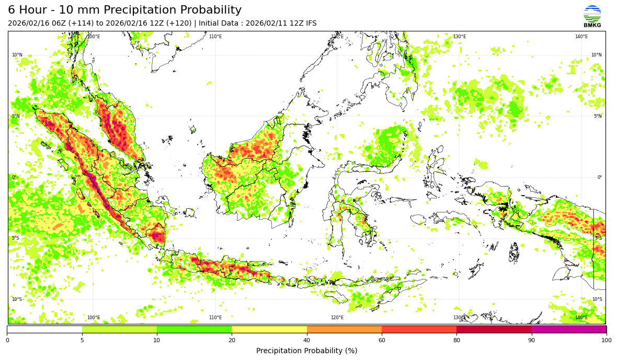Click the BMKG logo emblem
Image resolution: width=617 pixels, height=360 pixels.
(592, 14)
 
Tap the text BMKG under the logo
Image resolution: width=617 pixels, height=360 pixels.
(592, 25)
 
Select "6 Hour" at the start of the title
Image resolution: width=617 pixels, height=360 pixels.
(26, 10)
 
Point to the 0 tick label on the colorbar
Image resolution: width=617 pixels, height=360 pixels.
(7, 341)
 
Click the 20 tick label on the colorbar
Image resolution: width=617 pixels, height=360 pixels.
(232, 341)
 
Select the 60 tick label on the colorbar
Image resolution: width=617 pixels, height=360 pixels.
(382, 341)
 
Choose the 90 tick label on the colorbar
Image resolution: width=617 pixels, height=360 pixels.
(532, 341)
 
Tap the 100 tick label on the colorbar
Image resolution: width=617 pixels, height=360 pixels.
(607, 341)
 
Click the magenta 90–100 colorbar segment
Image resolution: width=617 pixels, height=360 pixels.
(569, 330)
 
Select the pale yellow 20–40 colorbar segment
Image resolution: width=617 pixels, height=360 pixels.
(269, 330)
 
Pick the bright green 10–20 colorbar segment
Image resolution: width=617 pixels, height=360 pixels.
(194, 330)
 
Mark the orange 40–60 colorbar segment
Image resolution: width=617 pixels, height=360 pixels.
(344, 330)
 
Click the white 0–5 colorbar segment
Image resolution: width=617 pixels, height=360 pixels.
(44, 330)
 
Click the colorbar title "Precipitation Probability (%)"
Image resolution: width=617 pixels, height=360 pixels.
(307, 351)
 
